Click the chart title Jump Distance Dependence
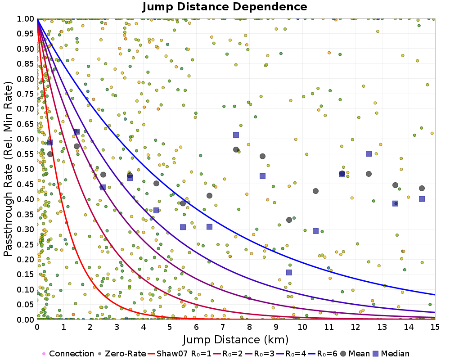click(x=225, y=7)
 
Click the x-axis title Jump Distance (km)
click(x=236, y=339)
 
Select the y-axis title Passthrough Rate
click(x=9, y=169)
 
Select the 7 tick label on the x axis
click(x=223, y=327)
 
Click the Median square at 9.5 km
click(x=289, y=272)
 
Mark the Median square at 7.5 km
click(x=236, y=135)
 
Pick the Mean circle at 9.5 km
click(x=289, y=220)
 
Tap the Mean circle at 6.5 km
click(x=209, y=195)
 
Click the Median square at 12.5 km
click(x=369, y=153)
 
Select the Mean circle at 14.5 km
click(x=422, y=188)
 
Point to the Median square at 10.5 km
click(x=315, y=231)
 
